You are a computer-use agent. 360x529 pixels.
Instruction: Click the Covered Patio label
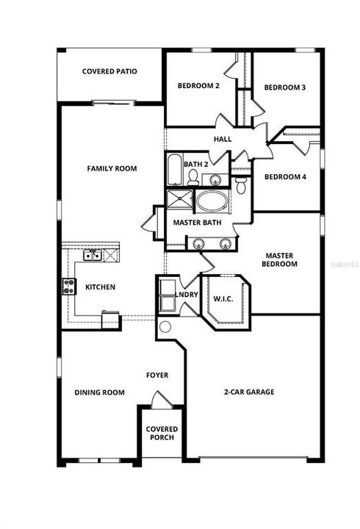pyautogui.click(x=110, y=72)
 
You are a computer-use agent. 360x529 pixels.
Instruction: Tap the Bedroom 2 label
pyautogui.click(x=198, y=86)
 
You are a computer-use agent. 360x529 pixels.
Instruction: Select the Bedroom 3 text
pyautogui.click(x=285, y=87)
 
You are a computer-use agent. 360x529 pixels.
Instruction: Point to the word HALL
pyautogui.click(x=222, y=139)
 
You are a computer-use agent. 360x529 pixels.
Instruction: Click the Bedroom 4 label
pyautogui.click(x=285, y=176)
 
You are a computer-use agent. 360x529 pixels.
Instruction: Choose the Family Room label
pyautogui.click(x=112, y=169)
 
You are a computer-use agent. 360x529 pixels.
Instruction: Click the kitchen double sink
pyautogui.click(x=93, y=255)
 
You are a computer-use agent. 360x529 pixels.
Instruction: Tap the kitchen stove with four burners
pyautogui.click(x=69, y=287)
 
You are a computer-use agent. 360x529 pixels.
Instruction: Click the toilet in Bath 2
pyautogui.click(x=193, y=176)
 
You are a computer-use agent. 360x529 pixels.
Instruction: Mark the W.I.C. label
pyautogui.click(x=223, y=299)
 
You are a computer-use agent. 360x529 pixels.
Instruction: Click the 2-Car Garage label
pyautogui.click(x=249, y=392)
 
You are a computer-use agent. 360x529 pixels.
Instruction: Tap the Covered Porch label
pyautogui.click(x=162, y=434)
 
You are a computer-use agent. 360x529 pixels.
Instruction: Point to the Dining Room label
pyautogui.click(x=99, y=392)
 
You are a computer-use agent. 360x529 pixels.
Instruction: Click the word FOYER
pyautogui.click(x=157, y=375)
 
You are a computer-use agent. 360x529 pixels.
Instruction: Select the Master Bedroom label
pyautogui.click(x=281, y=259)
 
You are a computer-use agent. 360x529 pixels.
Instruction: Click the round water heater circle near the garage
pyautogui.click(x=165, y=327)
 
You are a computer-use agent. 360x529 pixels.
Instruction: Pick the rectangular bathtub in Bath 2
pyautogui.click(x=174, y=170)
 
